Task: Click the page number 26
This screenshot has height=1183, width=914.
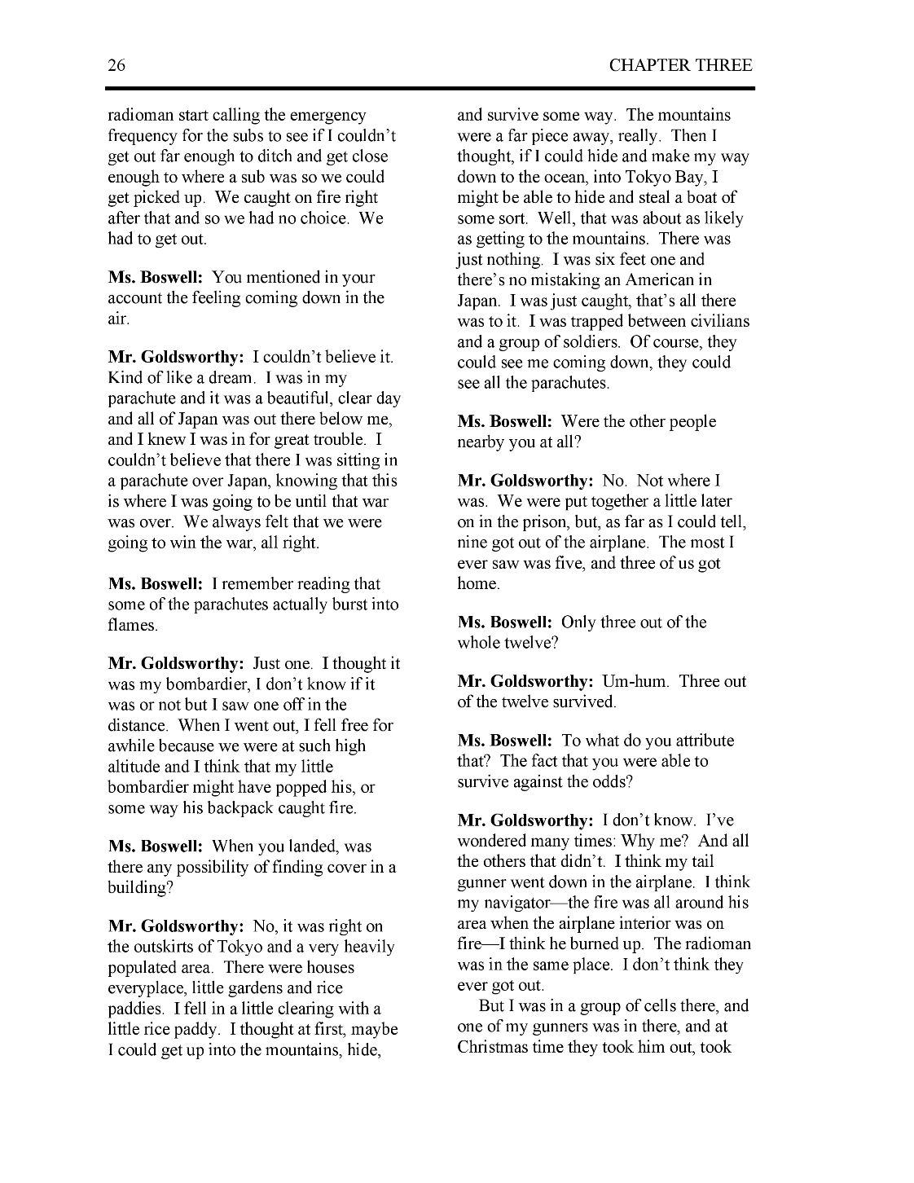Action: coord(116,66)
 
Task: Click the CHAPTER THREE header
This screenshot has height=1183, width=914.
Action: coord(680,66)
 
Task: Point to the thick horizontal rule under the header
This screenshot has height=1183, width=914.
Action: coord(431,88)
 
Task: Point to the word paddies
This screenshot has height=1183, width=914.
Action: coord(134,1009)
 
